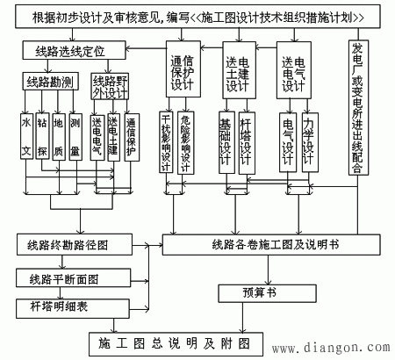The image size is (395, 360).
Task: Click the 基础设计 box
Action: [x=226, y=140]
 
